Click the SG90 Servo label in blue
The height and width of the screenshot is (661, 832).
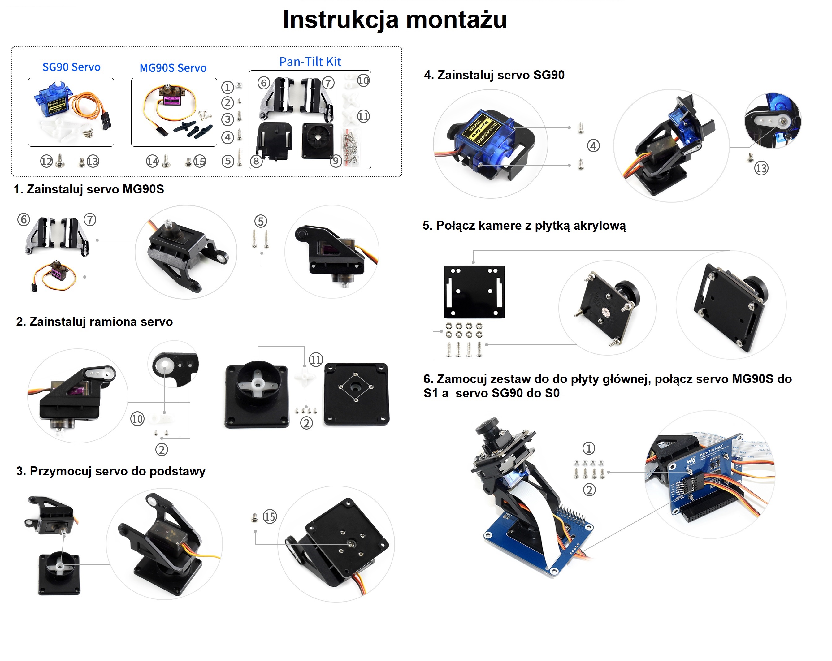pyautogui.click(x=71, y=67)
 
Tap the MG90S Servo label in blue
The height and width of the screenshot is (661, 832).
pyautogui.click(x=173, y=68)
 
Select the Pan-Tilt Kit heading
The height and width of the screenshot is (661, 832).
pyautogui.click(x=310, y=62)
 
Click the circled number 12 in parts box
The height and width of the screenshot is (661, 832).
pyautogui.click(x=46, y=161)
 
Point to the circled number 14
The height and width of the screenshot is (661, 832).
pyautogui.click(x=152, y=161)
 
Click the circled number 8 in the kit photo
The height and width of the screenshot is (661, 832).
pyautogui.click(x=256, y=161)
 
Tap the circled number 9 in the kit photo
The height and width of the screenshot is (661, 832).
pyautogui.click(x=336, y=161)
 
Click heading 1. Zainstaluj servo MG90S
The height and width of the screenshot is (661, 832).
pyautogui.click(x=89, y=189)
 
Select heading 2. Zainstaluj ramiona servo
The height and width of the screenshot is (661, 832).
pyautogui.click(x=94, y=322)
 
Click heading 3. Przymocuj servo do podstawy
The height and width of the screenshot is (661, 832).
pyautogui.click(x=111, y=471)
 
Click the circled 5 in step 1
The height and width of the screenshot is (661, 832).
pyautogui.click(x=261, y=222)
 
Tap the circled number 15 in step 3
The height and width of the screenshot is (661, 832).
pyautogui.click(x=270, y=517)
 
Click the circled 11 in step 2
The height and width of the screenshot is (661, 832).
pyautogui.click(x=316, y=360)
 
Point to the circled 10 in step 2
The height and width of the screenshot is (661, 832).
pyautogui.click(x=137, y=419)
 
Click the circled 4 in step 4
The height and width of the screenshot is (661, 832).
pyautogui.click(x=593, y=146)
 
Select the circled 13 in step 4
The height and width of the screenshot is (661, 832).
pyautogui.click(x=761, y=168)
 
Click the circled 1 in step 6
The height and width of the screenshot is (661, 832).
pyautogui.click(x=588, y=448)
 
